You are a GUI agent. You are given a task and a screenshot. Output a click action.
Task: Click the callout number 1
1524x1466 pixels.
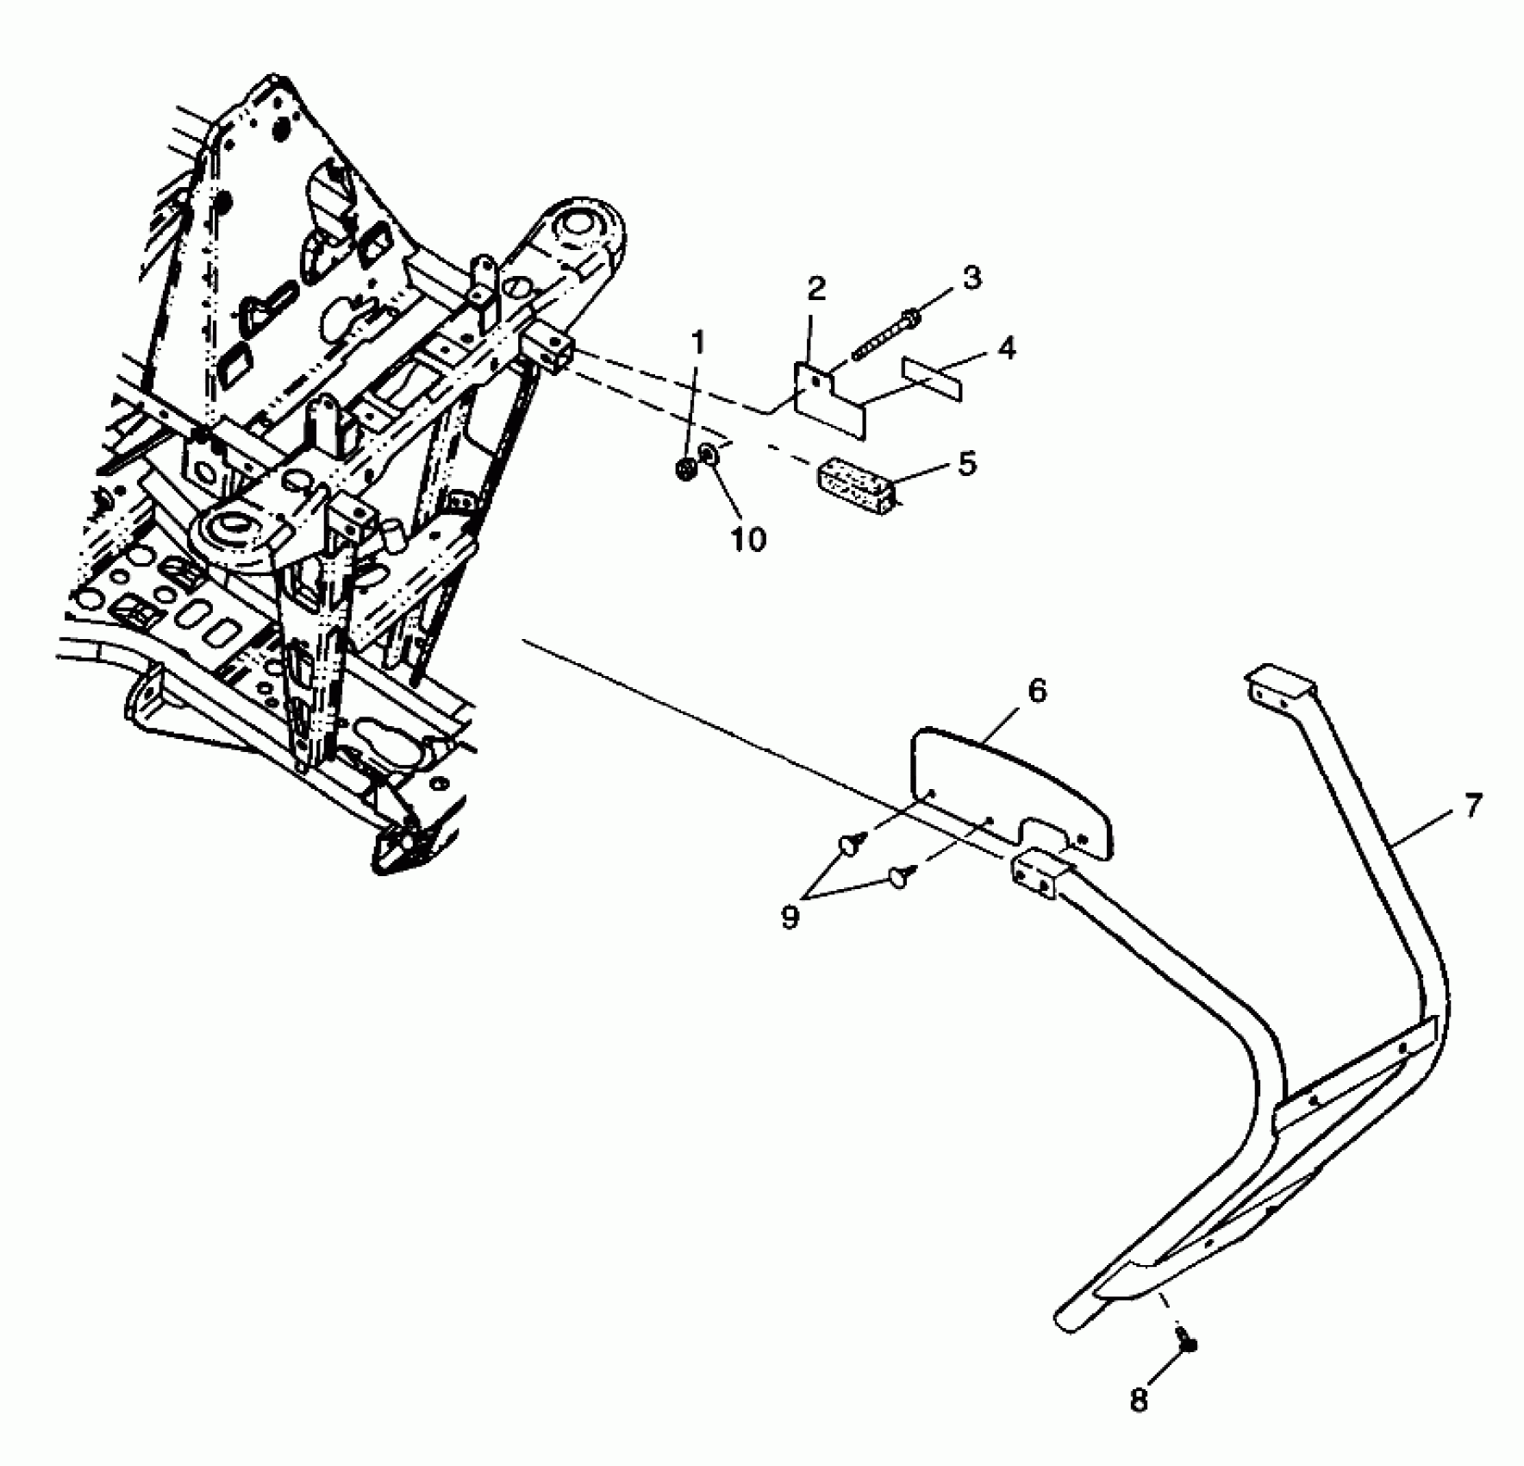coord(697,343)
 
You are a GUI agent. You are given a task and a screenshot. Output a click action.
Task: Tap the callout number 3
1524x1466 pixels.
coord(971,279)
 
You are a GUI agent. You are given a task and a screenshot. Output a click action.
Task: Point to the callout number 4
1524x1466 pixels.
coord(1006,348)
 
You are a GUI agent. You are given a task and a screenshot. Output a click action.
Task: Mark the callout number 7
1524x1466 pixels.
coord(1473,805)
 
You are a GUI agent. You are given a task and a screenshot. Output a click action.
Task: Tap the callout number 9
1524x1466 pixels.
coord(790,918)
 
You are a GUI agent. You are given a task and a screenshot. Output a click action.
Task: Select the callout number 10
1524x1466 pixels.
coord(748,539)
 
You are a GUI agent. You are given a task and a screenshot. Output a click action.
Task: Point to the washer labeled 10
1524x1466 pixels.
coord(708,454)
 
